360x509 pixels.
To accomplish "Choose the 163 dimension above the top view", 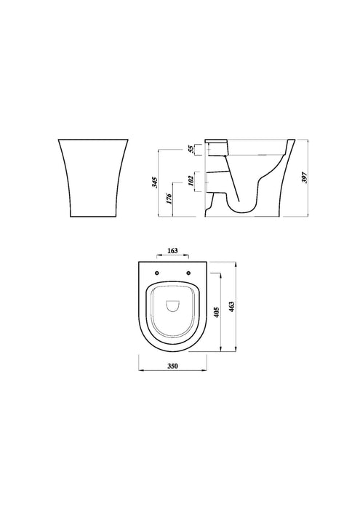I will pos(172,251).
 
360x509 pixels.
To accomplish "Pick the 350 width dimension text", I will pos(173,366).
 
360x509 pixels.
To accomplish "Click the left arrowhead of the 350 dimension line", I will pos(139,371).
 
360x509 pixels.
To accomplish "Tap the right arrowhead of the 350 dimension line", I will pos(208,371).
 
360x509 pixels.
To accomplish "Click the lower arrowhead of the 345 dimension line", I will pos(161,215).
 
